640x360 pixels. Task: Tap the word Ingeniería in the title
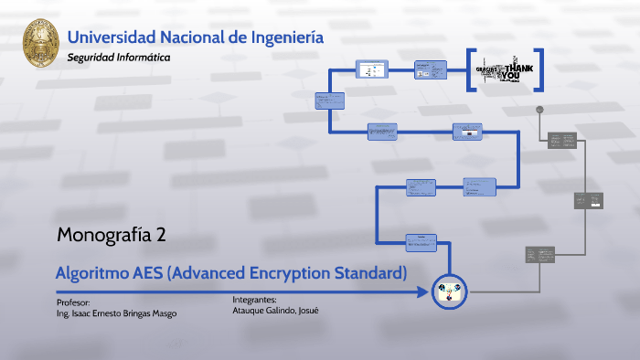[x=285, y=37]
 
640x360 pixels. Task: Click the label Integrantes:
[x=254, y=299]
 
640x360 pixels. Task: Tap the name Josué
[x=307, y=310]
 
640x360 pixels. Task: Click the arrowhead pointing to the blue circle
[x=422, y=292]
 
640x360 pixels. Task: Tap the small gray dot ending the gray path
[x=540, y=109]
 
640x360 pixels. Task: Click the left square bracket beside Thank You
[x=471, y=70]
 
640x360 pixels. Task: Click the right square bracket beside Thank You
[x=539, y=70]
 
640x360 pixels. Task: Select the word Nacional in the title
[x=189, y=37]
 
